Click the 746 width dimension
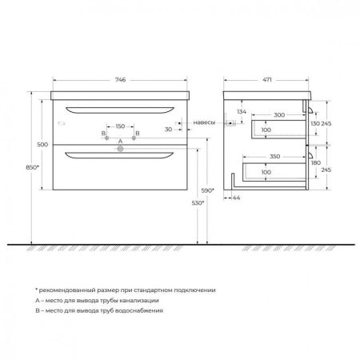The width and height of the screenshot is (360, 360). (120, 81)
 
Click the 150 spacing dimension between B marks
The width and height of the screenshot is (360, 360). (120, 126)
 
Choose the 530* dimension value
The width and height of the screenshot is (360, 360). (198, 204)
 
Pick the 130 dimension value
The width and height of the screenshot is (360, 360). (314, 125)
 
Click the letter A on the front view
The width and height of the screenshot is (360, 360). (120, 142)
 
